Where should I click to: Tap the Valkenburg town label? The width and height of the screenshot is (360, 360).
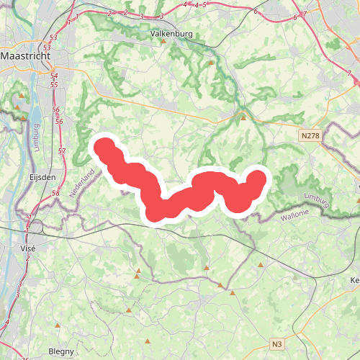(171, 33)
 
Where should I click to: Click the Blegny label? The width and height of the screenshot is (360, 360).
(60, 351)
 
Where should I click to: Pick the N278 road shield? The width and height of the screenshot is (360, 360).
(310, 135)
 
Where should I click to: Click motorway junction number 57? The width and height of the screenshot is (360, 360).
(62, 151)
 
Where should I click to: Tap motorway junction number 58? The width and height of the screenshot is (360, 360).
(55, 194)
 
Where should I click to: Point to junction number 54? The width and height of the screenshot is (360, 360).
(55, 75)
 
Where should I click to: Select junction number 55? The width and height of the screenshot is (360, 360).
(55, 85)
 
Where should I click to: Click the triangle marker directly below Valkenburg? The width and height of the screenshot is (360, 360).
(163, 41)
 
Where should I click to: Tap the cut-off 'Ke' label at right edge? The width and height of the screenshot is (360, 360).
(354, 280)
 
